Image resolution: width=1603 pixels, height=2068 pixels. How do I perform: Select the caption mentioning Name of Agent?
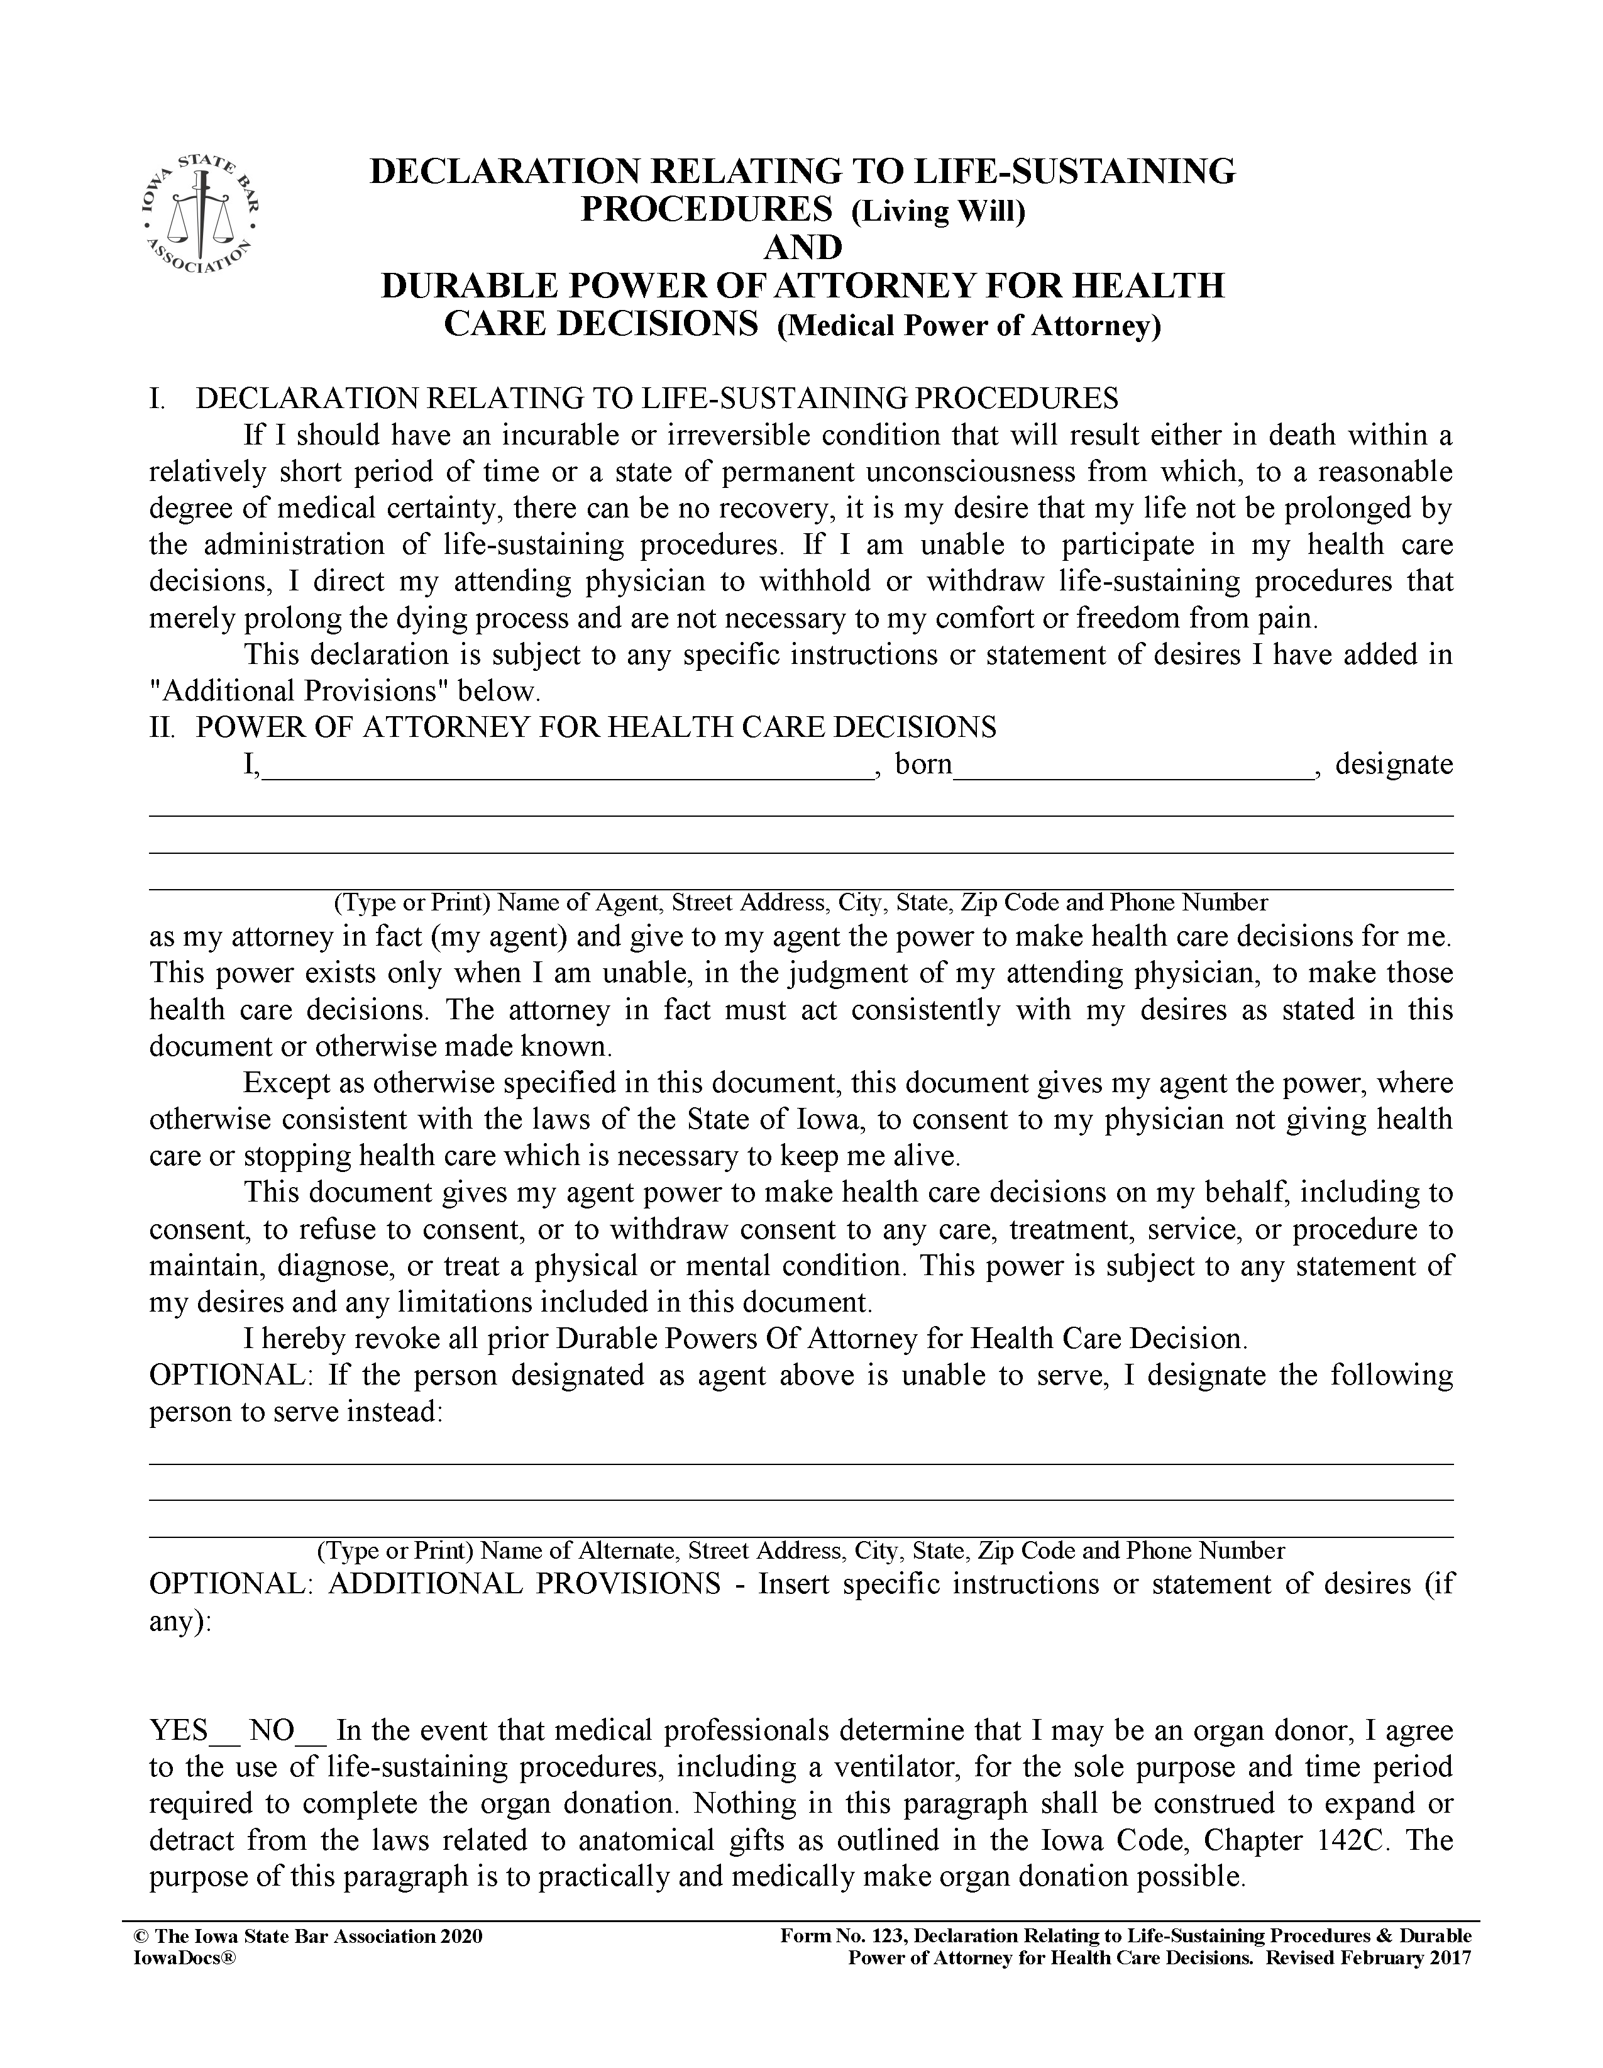[801, 902]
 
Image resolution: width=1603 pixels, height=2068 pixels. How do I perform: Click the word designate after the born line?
[1394, 764]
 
